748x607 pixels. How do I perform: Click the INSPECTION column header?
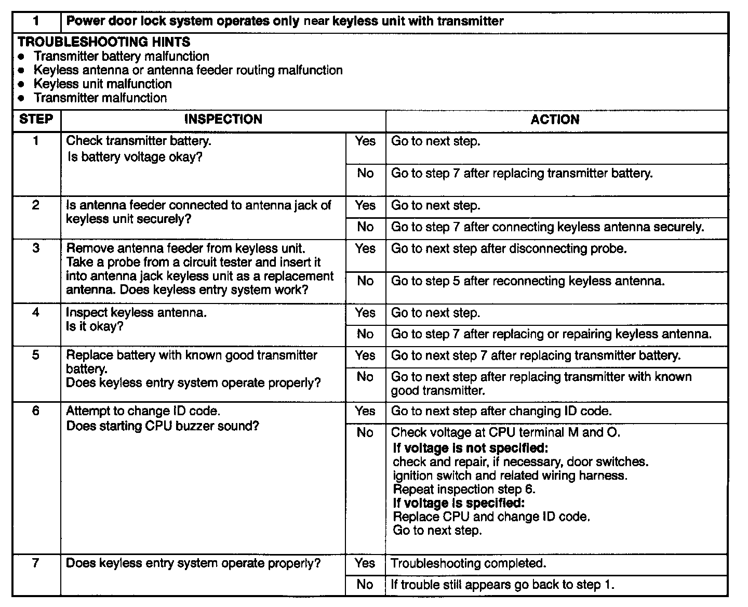tap(223, 120)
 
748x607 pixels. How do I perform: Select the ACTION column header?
tap(555, 120)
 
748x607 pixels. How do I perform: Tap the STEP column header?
tap(36, 120)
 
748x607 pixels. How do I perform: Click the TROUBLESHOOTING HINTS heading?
tap(104, 42)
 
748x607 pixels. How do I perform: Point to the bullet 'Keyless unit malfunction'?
tap(103, 84)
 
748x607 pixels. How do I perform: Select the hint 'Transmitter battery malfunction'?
tap(122, 56)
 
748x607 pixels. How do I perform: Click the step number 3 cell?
tap(36, 248)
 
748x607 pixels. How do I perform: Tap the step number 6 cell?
tap(36, 411)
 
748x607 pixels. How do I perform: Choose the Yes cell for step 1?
tap(365, 141)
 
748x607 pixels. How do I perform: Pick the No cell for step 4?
tap(365, 334)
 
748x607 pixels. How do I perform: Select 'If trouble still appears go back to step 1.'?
tap(502, 585)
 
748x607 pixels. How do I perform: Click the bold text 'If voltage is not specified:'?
tap(471, 448)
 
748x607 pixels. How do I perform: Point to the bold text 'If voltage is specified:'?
tap(459, 503)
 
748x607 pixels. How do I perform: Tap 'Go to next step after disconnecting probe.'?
tap(509, 249)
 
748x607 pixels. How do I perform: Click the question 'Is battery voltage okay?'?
tap(135, 157)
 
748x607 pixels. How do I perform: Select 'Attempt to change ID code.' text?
tap(143, 411)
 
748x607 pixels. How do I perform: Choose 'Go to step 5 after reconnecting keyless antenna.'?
tap(528, 281)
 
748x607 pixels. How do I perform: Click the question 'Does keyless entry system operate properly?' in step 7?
tap(193, 563)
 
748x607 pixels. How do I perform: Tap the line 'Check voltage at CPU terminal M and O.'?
tap(505, 432)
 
